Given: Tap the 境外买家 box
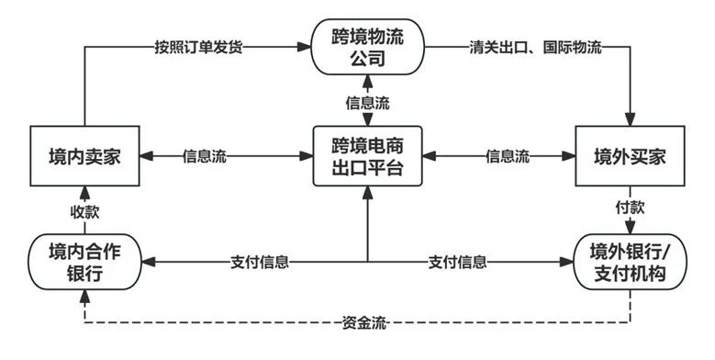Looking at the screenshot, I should pos(631,156).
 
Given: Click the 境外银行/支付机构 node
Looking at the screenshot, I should pos(631,261).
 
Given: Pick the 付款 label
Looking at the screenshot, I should pos(631,208).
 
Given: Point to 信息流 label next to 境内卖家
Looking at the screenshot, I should pos(205,156).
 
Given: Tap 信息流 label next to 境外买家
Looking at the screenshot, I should pos(507,156).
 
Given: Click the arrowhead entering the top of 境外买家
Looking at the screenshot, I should pos(631,121).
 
